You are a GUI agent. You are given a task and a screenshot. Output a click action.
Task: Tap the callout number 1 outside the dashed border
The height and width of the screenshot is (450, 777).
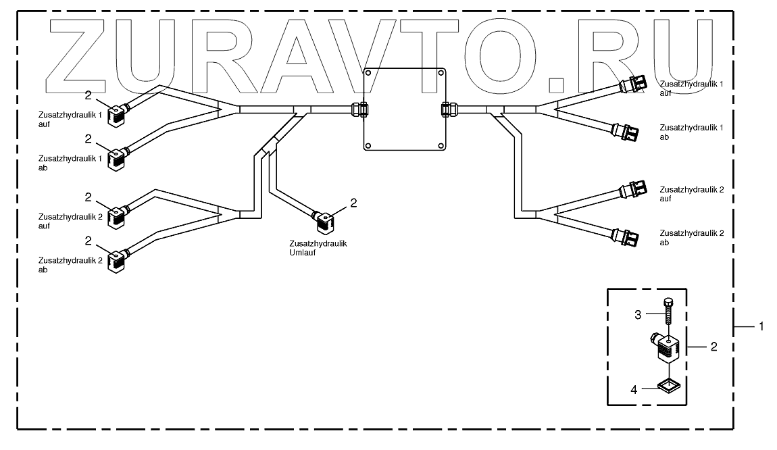pos(761,326)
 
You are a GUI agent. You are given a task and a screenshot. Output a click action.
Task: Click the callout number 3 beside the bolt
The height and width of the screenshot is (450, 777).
pos(638,314)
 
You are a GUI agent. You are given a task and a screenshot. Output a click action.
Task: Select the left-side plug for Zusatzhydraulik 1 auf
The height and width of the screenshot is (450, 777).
pos(118,112)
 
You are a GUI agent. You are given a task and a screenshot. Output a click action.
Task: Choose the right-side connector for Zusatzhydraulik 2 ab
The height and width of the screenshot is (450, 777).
pos(628,237)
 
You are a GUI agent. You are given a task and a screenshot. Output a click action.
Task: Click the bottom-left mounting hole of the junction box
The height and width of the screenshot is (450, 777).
pos(368,145)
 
